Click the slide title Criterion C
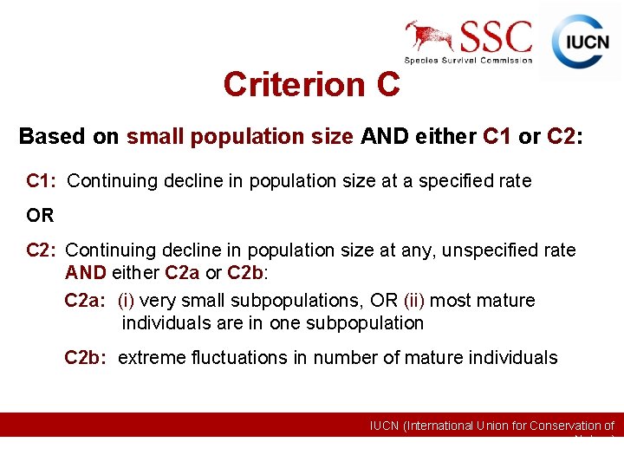(x=311, y=84)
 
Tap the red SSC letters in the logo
(x=496, y=36)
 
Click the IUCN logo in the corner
(x=580, y=42)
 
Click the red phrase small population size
(x=240, y=137)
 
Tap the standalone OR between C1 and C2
(x=40, y=215)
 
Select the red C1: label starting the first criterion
(x=42, y=181)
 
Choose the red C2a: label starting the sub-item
(x=85, y=301)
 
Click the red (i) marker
(x=126, y=301)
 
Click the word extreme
(x=146, y=357)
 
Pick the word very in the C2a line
(x=157, y=301)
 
